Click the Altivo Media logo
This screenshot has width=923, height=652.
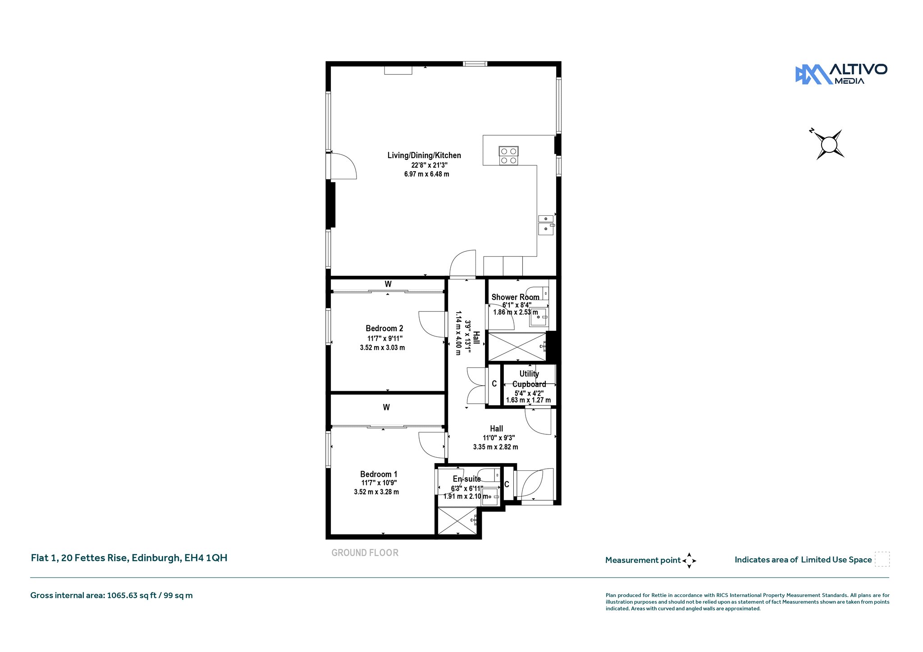point(841,74)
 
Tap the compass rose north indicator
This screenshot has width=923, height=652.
point(812,131)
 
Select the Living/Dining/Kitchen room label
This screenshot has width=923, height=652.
point(424,155)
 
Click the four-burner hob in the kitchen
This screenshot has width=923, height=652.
point(509,156)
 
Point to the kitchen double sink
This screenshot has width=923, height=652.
point(546,224)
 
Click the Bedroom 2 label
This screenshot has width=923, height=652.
point(384,328)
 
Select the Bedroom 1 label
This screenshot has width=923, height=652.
point(379,474)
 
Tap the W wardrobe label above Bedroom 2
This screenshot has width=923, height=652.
point(388,284)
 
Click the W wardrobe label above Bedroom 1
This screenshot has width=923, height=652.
point(386,407)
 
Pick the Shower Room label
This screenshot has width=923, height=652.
point(515,297)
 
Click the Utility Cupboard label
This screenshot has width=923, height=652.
point(529,379)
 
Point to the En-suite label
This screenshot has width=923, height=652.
point(467,479)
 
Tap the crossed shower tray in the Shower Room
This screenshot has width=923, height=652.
point(517,347)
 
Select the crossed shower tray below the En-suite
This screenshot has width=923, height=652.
point(457,521)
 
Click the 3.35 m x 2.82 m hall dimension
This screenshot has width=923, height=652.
point(495,447)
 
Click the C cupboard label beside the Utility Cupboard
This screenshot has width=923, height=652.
point(494,384)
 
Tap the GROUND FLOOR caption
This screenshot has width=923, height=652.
point(365,553)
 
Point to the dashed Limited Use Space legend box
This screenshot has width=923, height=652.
point(882,559)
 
